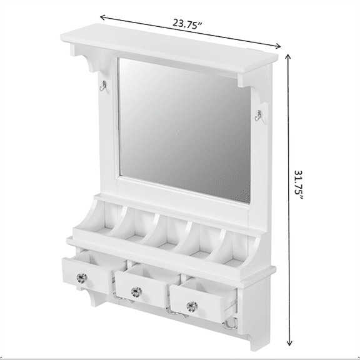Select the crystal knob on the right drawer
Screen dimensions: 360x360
tap(189, 306)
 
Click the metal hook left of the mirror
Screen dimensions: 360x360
tap(102, 88)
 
